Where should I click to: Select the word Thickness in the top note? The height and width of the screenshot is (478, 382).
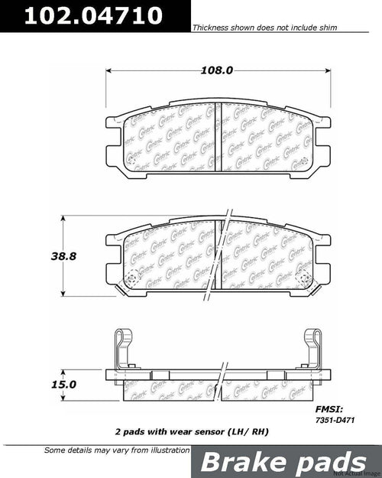click(209, 26)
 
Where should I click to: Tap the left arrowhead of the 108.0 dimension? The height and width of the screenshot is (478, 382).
click(107, 70)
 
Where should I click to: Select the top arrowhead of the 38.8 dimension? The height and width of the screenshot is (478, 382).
click(62, 219)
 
